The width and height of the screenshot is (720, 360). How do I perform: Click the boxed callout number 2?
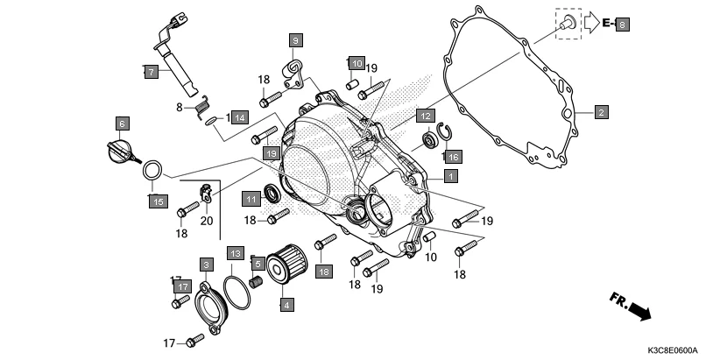(x=601, y=112)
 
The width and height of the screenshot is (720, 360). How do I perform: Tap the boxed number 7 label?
(x=152, y=73)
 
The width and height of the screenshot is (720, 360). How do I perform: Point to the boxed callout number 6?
(x=122, y=124)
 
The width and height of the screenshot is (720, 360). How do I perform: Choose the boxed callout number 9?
(x=295, y=40)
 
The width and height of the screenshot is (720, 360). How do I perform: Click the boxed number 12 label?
(x=424, y=116)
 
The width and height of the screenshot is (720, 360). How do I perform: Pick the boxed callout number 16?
(x=452, y=157)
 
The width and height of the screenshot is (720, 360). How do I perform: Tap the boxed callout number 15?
(x=155, y=202)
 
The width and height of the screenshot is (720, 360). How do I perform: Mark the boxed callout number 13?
(x=235, y=252)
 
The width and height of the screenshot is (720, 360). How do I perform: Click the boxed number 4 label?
(x=286, y=305)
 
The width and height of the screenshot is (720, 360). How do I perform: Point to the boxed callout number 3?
(x=206, y=265)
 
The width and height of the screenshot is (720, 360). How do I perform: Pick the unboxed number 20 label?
(x=207, y=221)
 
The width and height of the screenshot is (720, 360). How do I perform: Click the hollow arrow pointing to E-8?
(x=593, y=24)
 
